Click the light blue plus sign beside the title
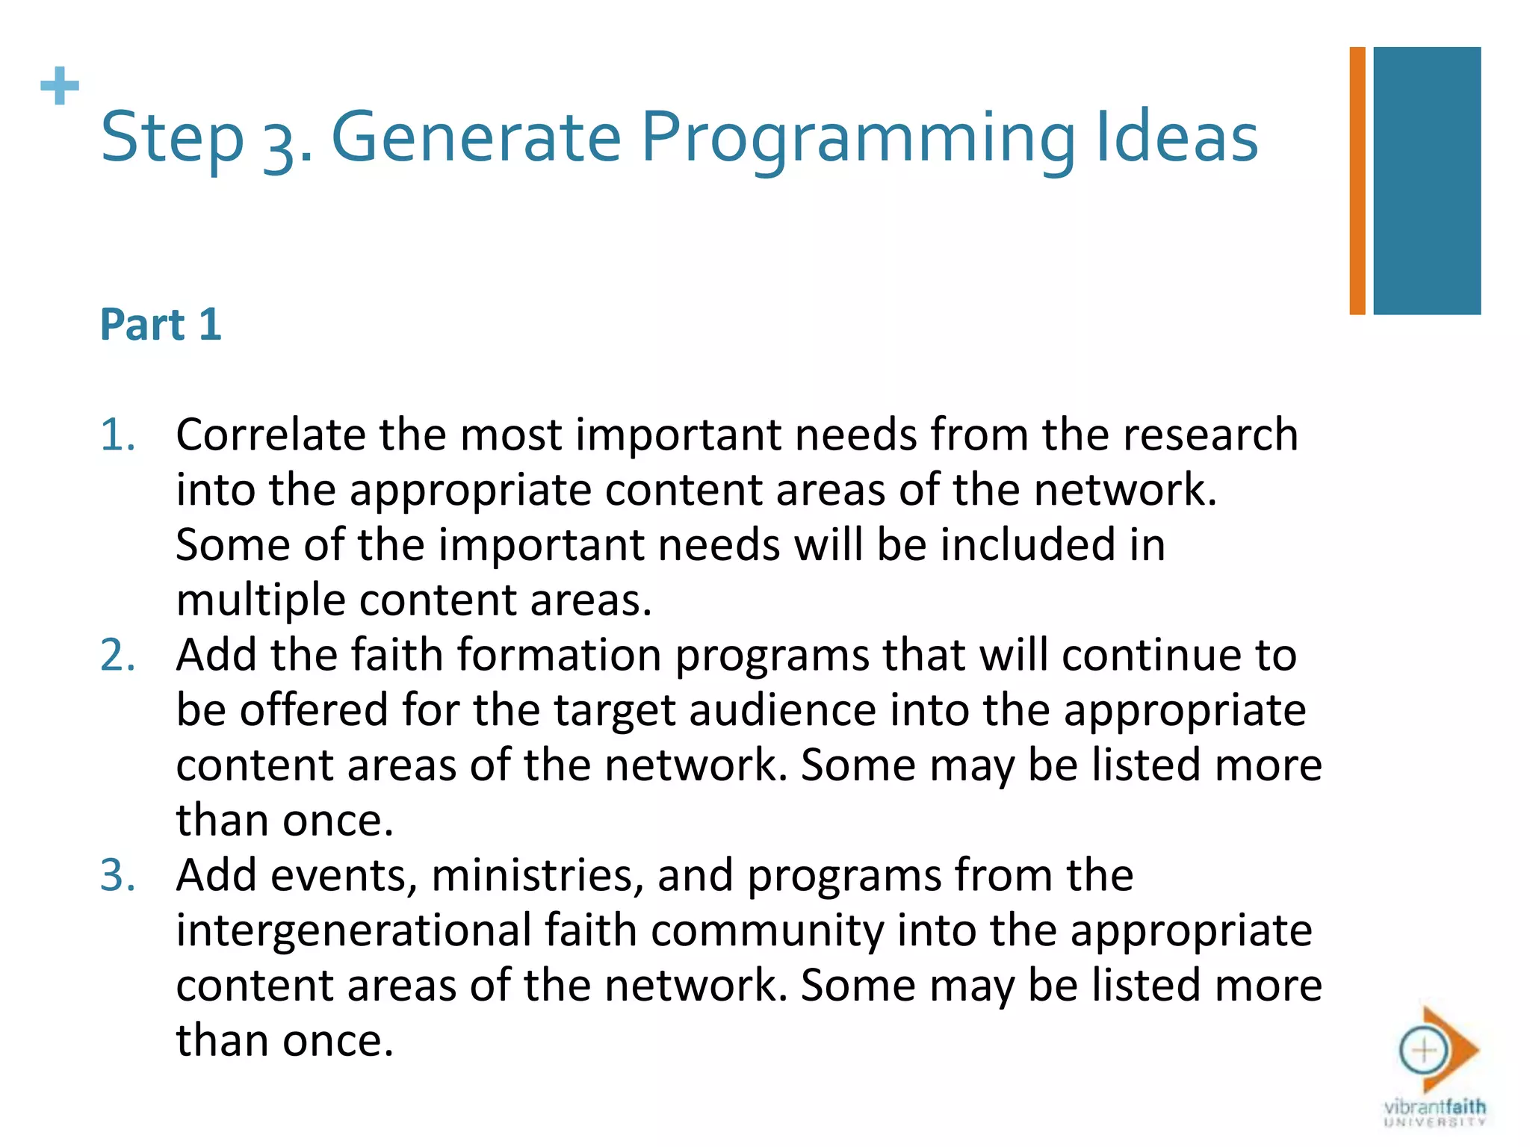60,86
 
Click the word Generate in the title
476,137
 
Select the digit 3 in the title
279,142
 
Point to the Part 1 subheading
161,324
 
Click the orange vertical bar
1357,181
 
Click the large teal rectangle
1426,181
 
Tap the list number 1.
117,435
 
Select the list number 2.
117,655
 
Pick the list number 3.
117,875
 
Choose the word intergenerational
353,930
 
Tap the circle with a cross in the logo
1423,1051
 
